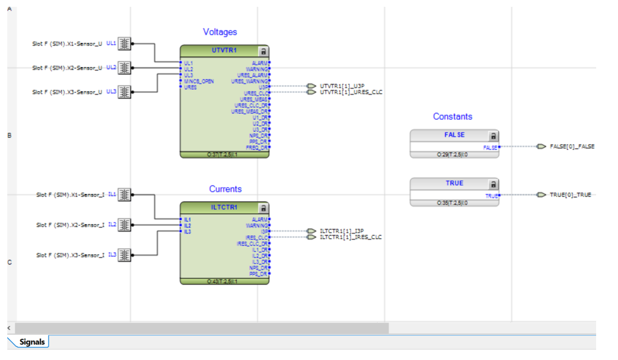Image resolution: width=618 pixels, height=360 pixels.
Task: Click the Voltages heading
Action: click(x=220, y=32)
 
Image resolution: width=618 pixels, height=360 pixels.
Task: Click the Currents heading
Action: click(x=225, y=189)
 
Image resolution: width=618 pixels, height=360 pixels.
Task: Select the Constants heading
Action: click(x=452, y=117)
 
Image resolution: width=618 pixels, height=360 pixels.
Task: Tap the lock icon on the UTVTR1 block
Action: click(x=263, y=51)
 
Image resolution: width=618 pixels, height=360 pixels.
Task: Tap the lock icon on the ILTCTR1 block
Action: click(x=263, y=208)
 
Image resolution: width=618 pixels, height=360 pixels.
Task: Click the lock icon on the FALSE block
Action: click(x=493, y=136)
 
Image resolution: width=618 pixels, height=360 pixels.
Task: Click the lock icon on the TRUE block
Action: click(x=493, y=184)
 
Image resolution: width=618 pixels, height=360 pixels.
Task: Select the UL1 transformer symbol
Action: click(x=124, y=44)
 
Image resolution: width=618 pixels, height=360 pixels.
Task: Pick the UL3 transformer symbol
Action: click(x=124, y=92)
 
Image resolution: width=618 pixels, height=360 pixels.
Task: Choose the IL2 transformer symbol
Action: click(x=124, y=225)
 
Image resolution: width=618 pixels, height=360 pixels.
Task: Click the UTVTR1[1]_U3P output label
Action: click(x=342, y=86)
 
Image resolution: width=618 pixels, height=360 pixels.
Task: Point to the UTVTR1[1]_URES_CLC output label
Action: click(x=351, y=92)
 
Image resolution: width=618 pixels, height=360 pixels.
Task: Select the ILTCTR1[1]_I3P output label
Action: click(x=342, y=231)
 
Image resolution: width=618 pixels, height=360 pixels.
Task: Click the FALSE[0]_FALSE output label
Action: click(x=572, y=147)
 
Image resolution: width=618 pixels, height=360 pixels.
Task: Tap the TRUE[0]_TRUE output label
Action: click(x=570, y=195)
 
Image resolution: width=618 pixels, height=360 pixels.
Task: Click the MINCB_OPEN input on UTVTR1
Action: click(x=199, y=81)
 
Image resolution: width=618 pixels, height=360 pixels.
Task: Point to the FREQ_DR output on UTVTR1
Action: click(x=257, y=147)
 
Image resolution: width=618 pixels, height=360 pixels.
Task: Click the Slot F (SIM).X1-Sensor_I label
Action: click(x=70, y=195)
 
